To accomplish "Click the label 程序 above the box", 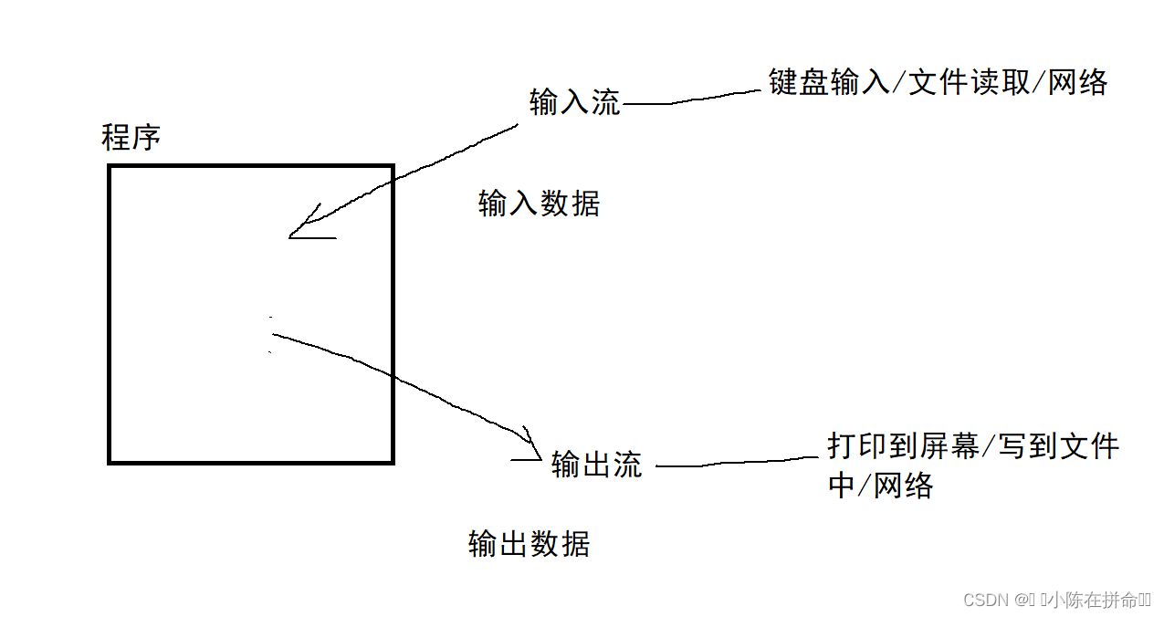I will pos(131,138).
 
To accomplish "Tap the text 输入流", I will pos(574,102).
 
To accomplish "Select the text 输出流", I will pos(597,465).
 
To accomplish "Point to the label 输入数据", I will pos(539,204).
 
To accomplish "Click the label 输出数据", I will pos(529,543).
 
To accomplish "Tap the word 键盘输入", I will pos(827,82).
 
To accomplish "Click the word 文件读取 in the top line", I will pos(968,82).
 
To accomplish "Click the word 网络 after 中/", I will pos(904,486).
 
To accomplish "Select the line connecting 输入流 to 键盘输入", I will pos(694,99).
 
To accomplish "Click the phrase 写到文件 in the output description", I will pos(1055,445).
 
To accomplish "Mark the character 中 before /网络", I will pos(841,486).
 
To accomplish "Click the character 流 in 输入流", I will pos(606,102).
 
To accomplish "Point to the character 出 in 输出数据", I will pos(513,543).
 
